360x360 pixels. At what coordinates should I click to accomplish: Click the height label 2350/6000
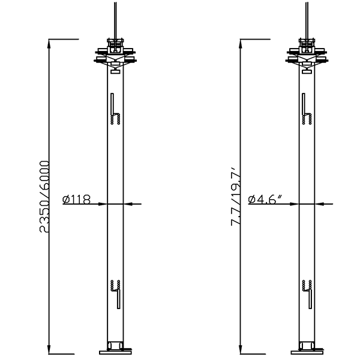point(44,196)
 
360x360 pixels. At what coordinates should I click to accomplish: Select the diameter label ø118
point(76,199)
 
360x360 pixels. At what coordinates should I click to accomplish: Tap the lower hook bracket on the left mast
point(116,292)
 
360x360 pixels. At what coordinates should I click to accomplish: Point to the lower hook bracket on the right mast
point(307,292)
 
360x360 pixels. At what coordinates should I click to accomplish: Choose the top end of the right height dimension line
point(241,40)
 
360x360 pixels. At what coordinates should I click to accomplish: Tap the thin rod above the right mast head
point(307,18)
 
